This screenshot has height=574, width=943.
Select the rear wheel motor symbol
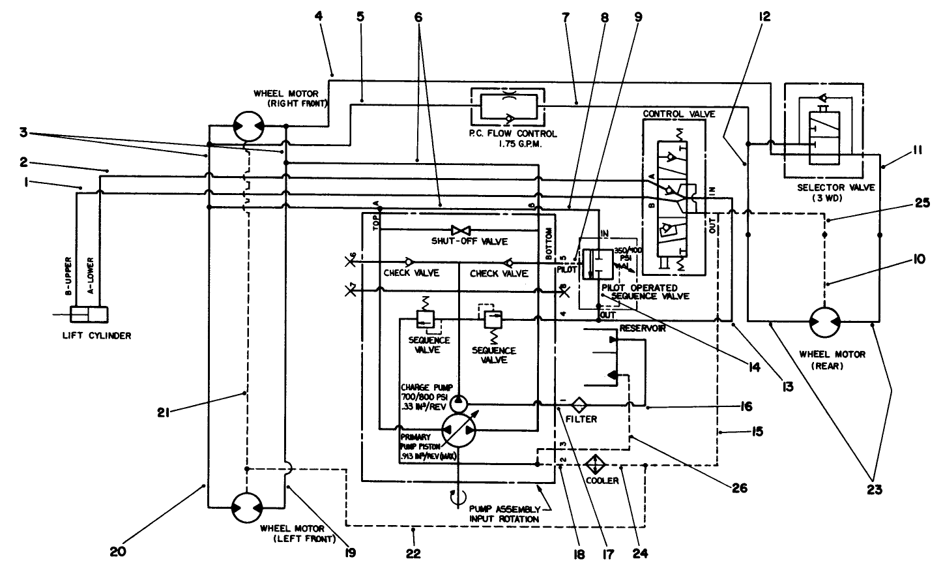pos(824,322)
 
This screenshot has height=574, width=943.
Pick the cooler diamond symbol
pos(594,466)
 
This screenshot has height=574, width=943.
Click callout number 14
pos(754,368)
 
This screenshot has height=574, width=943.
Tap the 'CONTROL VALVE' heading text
pos(678,113)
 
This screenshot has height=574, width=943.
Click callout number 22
pos(413,554)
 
